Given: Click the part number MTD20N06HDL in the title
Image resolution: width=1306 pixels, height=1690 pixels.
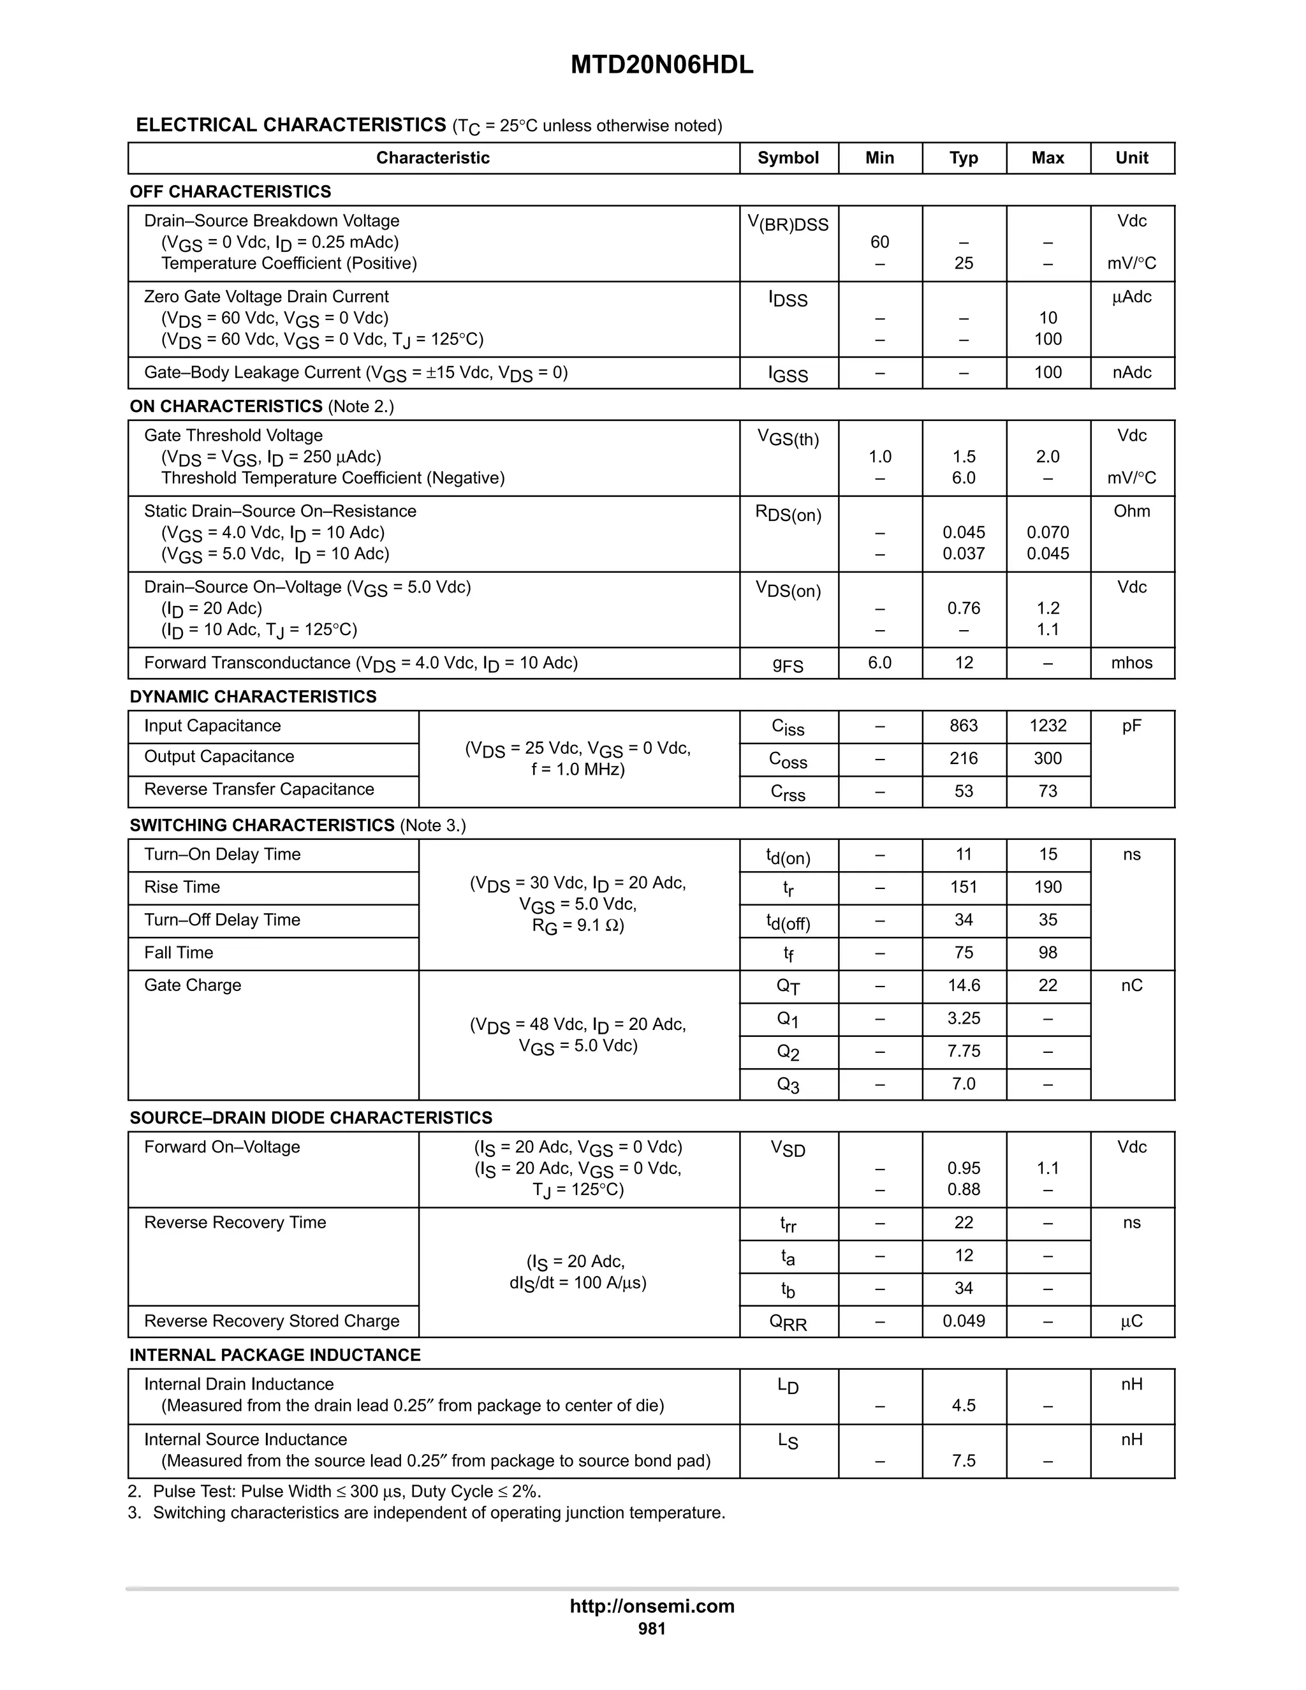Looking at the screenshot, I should pos(661,65).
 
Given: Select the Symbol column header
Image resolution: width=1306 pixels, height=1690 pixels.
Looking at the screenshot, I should pos(788,158).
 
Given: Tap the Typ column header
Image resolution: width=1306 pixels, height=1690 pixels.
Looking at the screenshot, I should pos(964,158).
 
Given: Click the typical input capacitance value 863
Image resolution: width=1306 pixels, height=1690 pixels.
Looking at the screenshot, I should pos(964,726).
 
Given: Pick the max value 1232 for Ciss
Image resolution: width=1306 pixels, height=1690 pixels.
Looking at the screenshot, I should pos(1048,726).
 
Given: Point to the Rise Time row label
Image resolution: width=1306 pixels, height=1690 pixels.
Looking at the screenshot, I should pos(182,887).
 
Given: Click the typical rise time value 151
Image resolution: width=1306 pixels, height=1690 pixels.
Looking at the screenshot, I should pos(964,887).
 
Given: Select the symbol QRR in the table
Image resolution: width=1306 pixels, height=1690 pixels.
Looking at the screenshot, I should pos(788,1323).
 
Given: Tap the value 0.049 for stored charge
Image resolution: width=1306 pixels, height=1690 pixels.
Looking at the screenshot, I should pos(964,1321).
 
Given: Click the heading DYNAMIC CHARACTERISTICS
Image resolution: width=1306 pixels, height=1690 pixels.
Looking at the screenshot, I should pos(253,696).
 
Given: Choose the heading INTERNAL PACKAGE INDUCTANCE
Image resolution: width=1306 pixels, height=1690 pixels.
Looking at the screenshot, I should pos(275,1355).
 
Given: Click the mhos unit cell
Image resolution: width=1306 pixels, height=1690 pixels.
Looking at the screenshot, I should pos(1131,663).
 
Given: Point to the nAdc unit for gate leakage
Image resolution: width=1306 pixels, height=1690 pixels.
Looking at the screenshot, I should pos(1131,372).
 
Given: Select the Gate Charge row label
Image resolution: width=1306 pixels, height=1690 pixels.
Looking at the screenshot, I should pos(193,985).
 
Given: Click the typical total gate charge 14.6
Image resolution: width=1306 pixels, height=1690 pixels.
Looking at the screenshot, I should pos(964,985).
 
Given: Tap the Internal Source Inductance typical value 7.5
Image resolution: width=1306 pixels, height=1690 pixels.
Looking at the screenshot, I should pos(964,1461).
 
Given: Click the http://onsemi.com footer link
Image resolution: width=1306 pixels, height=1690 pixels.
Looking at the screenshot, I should pos(652,1606).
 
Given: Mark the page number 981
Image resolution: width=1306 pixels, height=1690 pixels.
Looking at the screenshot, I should pos(652,1628).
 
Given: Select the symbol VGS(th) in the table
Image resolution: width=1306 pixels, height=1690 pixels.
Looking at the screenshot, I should pos(788,438).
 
